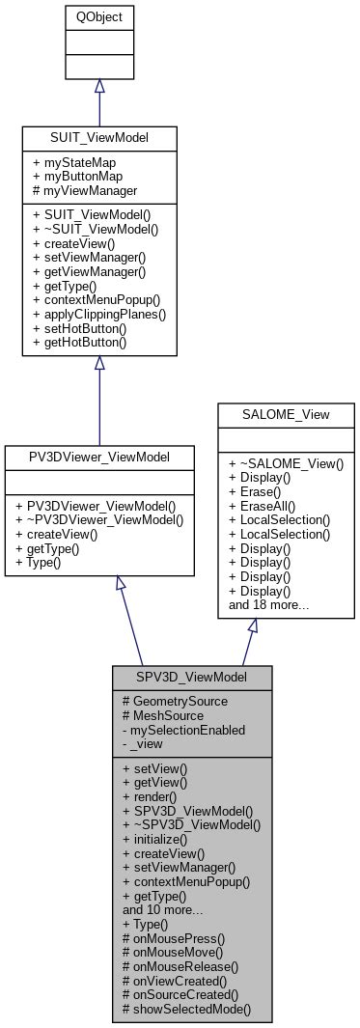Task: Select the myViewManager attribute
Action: coord(84,192)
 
